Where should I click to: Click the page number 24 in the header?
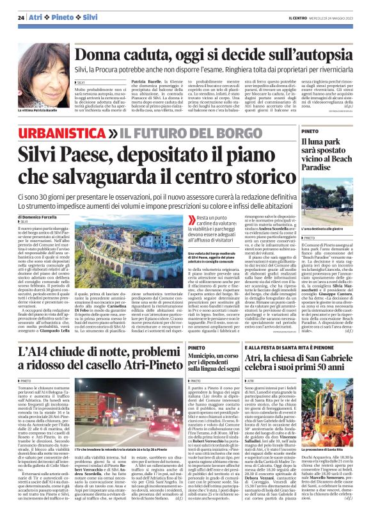click(21, 17)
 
